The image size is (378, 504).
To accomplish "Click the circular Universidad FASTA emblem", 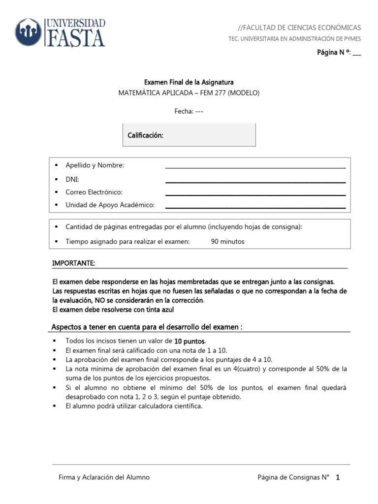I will coord(29,32).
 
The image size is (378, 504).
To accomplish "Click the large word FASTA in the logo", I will coord(75,38).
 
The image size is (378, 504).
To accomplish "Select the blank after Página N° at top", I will coord(356,53).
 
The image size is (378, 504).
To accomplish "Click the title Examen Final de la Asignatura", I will coord(189,82).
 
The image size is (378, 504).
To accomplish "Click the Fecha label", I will coord(183,111).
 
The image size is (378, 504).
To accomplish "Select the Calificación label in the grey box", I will coord(146,135).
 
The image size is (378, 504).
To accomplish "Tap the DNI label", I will coord(72,179).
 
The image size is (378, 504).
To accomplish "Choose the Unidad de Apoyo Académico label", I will coord(110,205).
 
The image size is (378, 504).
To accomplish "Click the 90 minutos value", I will coord(227,242).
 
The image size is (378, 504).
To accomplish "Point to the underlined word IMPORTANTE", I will coord(73,264).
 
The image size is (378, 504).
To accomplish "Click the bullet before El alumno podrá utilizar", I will coord(56,406).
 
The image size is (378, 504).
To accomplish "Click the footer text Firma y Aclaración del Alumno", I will coord(104,477).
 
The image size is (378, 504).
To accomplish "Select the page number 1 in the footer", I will coord(338,477).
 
